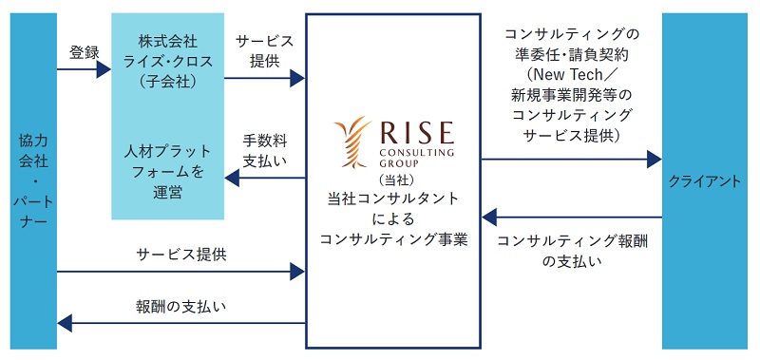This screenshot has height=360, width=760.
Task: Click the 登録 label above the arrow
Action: click(x=84, y=52)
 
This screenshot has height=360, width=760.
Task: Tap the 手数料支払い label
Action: click(x=263, y=150)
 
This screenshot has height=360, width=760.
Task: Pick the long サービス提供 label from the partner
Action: click(x=180, y=255)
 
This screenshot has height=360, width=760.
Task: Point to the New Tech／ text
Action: click(x=572, y=77)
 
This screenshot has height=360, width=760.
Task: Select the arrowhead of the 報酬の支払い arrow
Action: click(x=65, y=324)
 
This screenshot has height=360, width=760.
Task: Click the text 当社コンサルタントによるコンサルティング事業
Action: click(x=392, y=219)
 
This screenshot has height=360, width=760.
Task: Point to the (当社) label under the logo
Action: click(x=392, y=179)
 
